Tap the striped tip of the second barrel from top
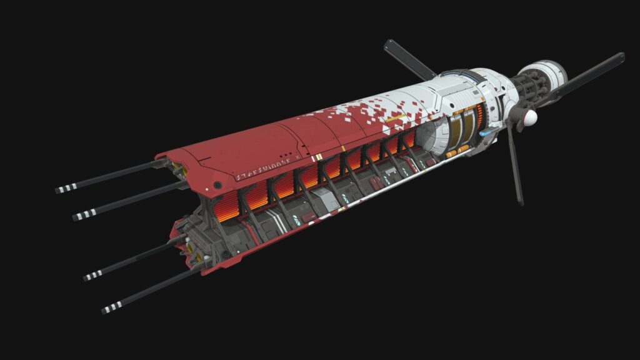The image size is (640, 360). pos(81,216)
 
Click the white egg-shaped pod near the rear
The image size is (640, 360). pos(530,116)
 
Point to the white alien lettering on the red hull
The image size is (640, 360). pos(263,175)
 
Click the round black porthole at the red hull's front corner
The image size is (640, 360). pos(217,185)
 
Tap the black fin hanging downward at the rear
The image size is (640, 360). pos(516,166)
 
